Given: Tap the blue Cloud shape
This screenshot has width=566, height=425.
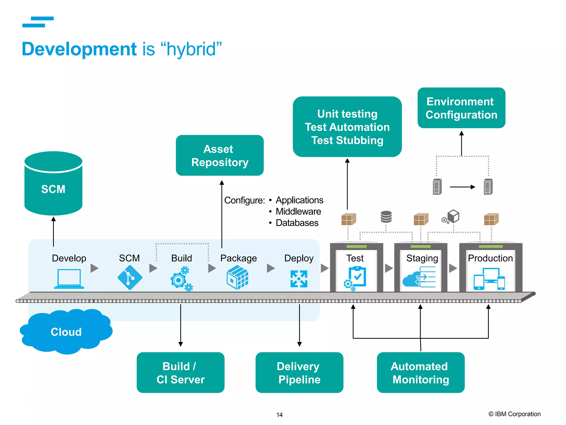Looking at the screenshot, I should (66, 331).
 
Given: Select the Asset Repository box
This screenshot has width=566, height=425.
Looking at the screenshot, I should (220, 156).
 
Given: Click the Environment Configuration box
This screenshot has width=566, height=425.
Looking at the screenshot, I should (461, 108).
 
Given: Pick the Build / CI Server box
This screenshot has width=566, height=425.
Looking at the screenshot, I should (180, 372).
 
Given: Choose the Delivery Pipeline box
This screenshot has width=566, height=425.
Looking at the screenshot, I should (299, 372).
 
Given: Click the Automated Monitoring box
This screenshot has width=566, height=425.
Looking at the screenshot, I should (420, 372).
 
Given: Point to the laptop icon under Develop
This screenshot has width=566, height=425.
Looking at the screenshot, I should (69, 279).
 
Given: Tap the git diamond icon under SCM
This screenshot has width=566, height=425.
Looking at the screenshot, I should (130, 278).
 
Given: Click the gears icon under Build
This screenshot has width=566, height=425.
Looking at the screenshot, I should (181, 279).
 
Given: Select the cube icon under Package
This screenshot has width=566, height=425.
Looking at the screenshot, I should (237, 278).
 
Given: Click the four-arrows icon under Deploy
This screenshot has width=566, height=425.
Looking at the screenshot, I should (299, 279).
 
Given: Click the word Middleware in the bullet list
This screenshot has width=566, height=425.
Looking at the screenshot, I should (298, 211).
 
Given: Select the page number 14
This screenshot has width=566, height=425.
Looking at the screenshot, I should (279, 415).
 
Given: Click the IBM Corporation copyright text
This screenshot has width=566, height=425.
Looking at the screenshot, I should (514, 414).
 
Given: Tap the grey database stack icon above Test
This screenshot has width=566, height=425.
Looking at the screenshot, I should (386, 217).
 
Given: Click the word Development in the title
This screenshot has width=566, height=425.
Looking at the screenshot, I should (79, 49).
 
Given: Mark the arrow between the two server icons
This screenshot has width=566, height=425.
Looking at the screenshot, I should (462, 187).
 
